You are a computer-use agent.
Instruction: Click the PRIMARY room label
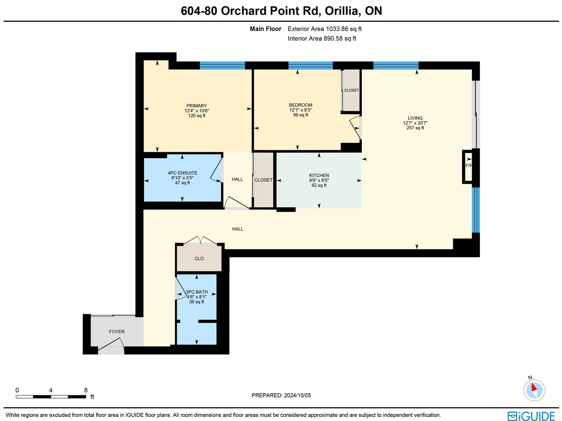coord(197,106)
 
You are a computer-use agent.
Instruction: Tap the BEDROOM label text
coord(301,105)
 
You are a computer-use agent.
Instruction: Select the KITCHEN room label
coord(319,175)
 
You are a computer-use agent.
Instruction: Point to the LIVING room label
coord(415,118)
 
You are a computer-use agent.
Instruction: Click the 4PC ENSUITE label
coord(183,173)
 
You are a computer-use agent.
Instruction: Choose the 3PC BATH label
coord(197,292)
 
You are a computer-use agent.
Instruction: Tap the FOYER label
coord(117,332)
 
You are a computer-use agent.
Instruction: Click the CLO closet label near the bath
coord(199,259)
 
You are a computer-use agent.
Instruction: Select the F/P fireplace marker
coord(469,166)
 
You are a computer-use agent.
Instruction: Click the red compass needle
coord(534,387)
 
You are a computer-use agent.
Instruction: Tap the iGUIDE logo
coord(531,416)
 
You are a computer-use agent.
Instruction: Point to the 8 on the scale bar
coord(86,390)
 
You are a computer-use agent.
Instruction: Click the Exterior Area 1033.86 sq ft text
coord(325,29)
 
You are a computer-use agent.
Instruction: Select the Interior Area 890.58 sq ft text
coord(322,38)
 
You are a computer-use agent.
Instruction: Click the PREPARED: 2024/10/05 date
coord(281,395)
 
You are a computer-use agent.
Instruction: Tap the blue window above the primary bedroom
coord(222,66)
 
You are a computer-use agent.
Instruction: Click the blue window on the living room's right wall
coord(476,210)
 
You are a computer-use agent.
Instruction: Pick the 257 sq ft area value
coord(415,128)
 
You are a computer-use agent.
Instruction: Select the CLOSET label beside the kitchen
coord(263,180)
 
